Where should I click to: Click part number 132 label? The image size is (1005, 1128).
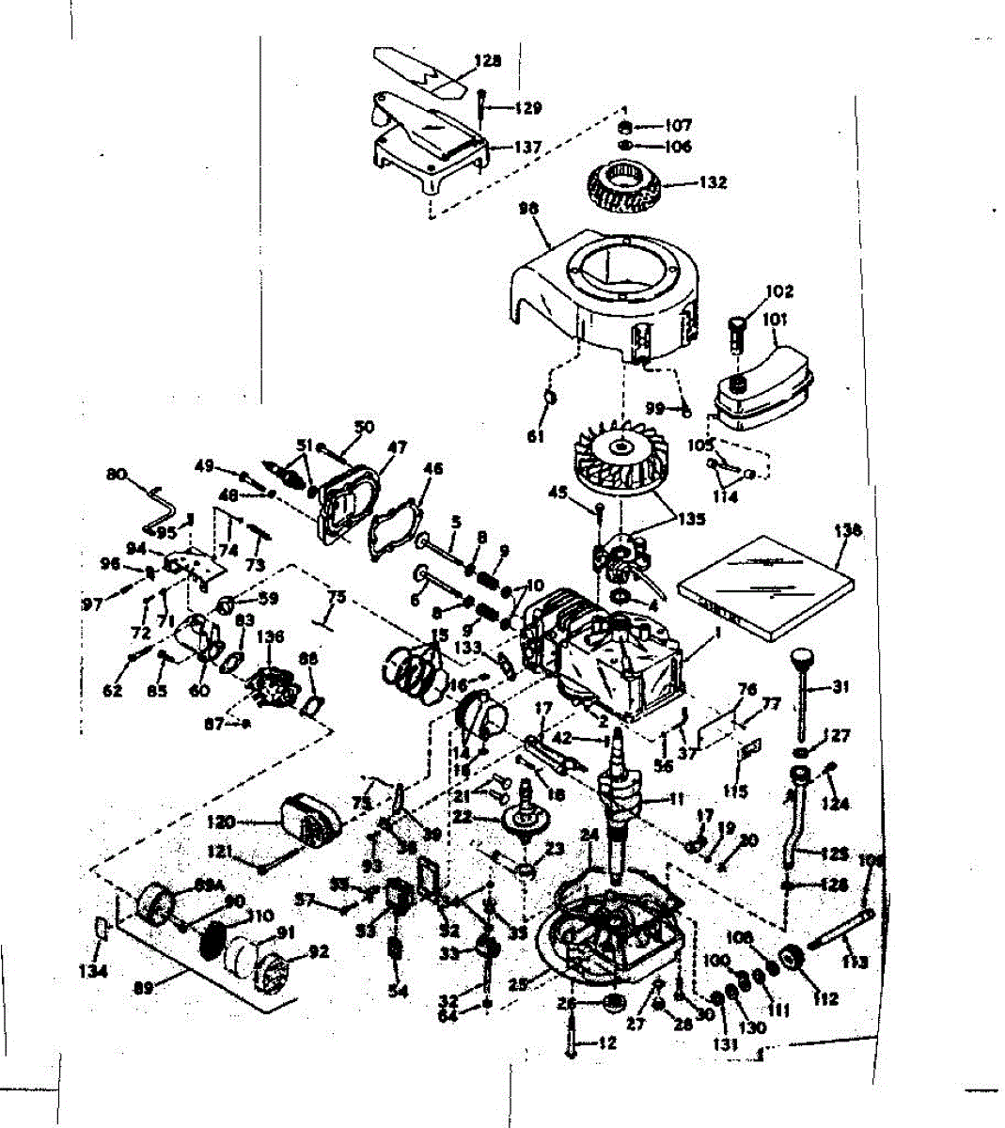712,182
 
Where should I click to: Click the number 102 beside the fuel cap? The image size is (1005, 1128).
779,291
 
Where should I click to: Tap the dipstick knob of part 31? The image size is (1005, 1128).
801,656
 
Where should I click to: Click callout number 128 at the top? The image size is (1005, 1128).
487,61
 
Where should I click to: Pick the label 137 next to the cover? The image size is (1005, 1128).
527,148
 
